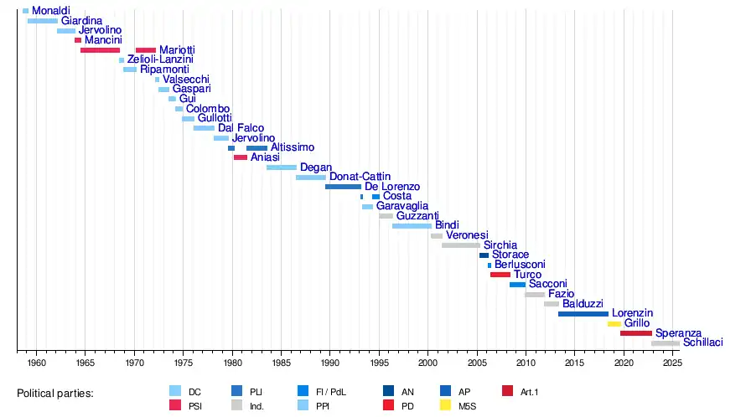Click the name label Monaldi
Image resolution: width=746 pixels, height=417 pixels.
(x=50, y=11)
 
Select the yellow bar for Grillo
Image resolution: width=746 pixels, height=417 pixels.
(x=614, y=323)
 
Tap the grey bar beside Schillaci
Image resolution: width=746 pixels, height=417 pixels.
(x=666, y=342)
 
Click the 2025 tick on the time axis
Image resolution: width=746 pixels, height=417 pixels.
(x=671, y=353)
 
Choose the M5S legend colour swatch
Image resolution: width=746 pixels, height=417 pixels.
(x=447, y=405)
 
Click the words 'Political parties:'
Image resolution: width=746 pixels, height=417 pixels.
(x=55, y=392)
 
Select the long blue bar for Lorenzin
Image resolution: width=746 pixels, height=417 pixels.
(x=583, y=313)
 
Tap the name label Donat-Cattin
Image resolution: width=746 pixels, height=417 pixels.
(x=360, y=177)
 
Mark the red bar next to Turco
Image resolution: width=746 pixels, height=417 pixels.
(x=500, y=275)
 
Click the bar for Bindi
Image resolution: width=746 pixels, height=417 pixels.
(x=412, y=226)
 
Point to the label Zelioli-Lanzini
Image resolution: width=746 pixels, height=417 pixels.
(x=160, y=59)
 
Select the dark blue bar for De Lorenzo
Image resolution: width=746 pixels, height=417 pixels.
(x=343, y=187)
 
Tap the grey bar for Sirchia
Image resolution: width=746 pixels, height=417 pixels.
(x=460, y=245)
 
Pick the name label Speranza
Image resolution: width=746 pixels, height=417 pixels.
(x=678, y=332)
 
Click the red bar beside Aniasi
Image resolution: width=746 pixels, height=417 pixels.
(x=241, y=157)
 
